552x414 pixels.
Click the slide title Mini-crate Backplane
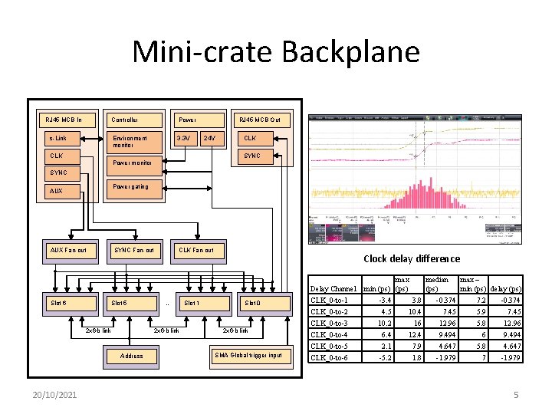coord(276,52)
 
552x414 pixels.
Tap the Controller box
coord(133,120)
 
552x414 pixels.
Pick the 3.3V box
coord(185,139)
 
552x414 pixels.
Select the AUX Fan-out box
coord(68,251)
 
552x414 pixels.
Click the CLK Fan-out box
coord(197,251)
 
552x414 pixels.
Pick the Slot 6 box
coord(68,303)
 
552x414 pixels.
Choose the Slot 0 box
coord(264,303)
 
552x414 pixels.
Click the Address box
coord(132,356)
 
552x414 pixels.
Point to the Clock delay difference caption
coord(412,259)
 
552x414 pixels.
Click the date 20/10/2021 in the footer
coord(54,393)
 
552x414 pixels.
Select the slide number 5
coord(516,394)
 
